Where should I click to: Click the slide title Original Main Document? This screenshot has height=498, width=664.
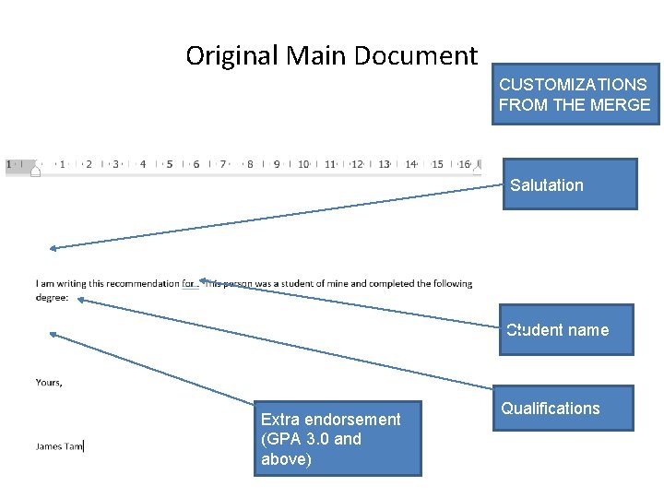tap(332, 56)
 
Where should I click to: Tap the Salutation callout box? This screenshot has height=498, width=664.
tap(569, 184)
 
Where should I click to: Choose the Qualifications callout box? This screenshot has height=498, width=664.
tap(563, 408)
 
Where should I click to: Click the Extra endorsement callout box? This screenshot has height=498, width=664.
tap(338, 439)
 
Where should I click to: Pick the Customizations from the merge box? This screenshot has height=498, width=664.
tap(575, 94)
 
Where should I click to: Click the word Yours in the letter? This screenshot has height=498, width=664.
tap(49, 382)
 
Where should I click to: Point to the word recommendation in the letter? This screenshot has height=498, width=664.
tap(142, 284)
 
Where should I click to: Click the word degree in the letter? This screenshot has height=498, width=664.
tap(51, 297)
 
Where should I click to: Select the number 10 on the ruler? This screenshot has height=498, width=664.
tap(303, 164)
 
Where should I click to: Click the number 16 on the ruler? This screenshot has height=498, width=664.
tap(464, 164)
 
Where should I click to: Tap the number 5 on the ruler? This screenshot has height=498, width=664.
tap(170, 164)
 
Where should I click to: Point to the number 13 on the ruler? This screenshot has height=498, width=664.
tap(384, 164)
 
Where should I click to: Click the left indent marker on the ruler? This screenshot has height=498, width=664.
tap(35, 168)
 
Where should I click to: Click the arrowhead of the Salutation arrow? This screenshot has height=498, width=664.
tap(53, 247)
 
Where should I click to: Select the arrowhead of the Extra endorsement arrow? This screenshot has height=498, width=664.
tap(52, 335)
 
